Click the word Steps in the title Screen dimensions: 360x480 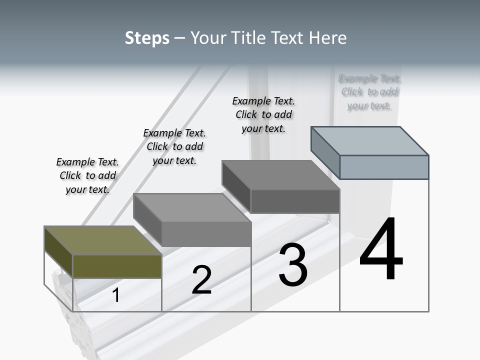[x=147, y=38]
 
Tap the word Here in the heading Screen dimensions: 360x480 [x=328, y=38]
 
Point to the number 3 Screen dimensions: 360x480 [x=293, y=265]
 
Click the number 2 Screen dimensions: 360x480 [x=201, y=280]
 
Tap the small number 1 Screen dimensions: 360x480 [x=116, y=295]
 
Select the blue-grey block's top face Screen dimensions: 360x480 [x=370, y=140]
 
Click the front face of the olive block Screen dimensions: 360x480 [x=117, y=266]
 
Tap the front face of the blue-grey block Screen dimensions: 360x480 [x=384, y=167]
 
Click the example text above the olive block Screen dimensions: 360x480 [x=87, y=175]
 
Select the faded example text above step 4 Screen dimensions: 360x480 [x=369, y=92]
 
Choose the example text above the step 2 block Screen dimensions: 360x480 [x=174, y=146]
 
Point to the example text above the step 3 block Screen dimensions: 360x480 [x=263, y=114]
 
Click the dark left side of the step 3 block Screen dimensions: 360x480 [x=236, y=186]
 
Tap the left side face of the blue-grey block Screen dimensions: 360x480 [x=325, y=152]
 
